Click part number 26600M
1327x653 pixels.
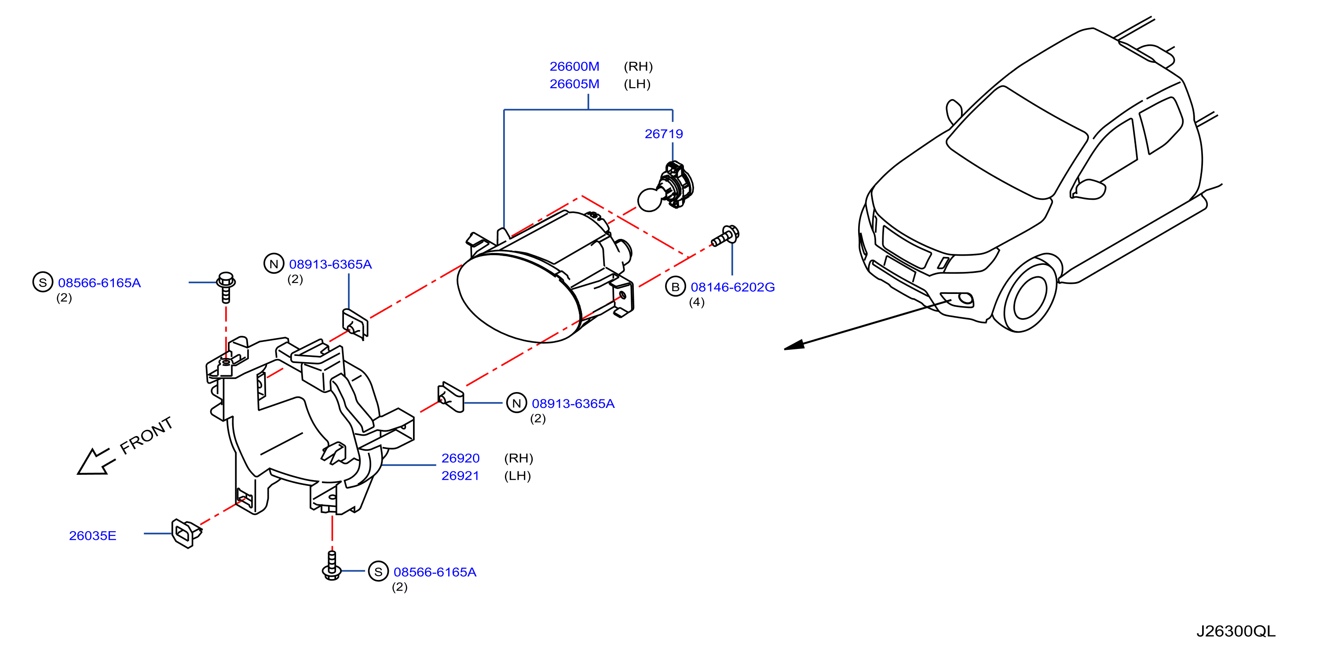click(x=574, y=66)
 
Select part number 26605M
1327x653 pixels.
click(x=574, y=84)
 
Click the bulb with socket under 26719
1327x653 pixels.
click(x=666, y=187)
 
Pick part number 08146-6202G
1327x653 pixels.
click(x=732, y=287)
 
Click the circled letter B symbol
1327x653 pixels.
click(x=675, y=287)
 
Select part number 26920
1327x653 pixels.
click(x=461, y=458)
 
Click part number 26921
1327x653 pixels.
click(x=460, y=476)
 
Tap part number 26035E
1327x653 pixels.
click(x=93, y=536)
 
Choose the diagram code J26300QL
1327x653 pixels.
click(x=1236, y=631)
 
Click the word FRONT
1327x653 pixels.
click(x=146, y=436)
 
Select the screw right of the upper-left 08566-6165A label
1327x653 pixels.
click(x=226, y=286)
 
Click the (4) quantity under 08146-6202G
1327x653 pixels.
click(x=696, y=303)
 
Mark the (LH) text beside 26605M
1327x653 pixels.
click(x=637, y=84)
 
